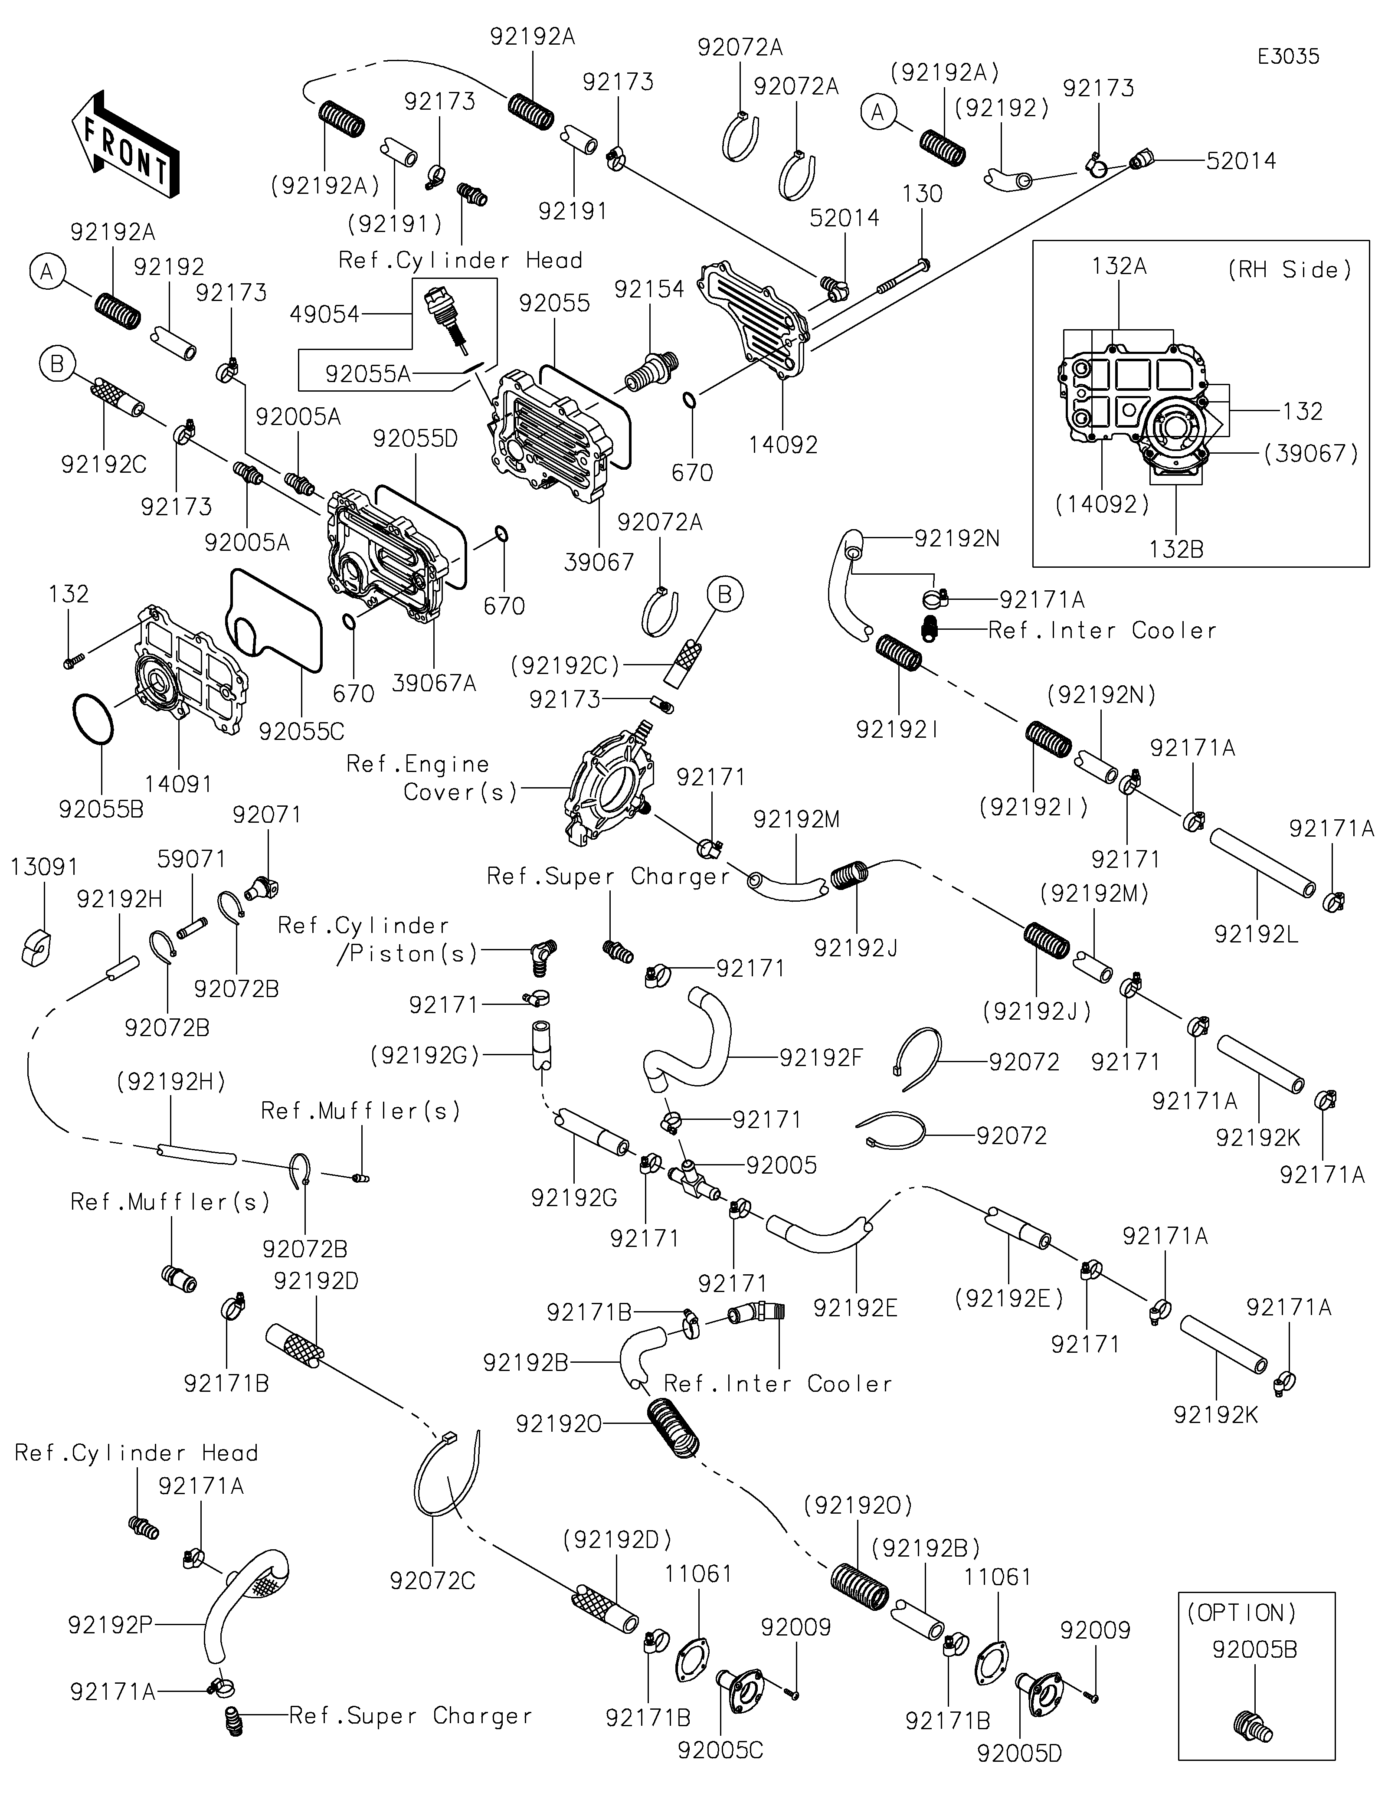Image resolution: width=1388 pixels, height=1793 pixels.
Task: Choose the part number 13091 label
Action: [44, 867]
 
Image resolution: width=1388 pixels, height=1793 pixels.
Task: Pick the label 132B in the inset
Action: [1176, 549]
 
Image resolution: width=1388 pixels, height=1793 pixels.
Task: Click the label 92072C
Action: [432, 1580]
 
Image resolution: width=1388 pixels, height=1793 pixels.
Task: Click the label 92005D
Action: [1019, 1754]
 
